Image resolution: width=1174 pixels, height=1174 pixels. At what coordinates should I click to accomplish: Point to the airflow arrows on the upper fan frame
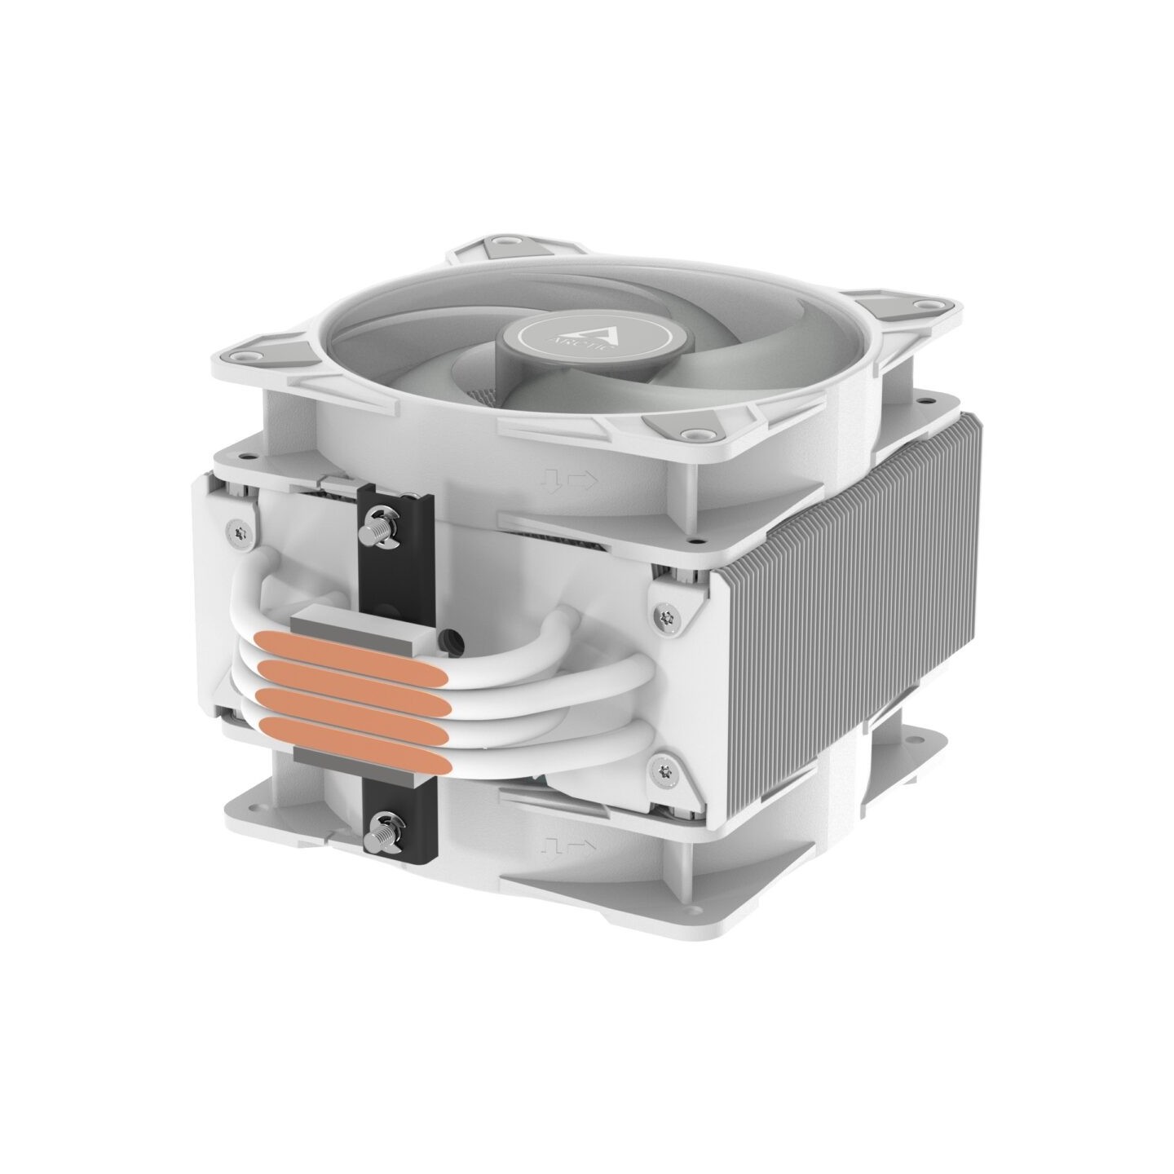pos(576,482)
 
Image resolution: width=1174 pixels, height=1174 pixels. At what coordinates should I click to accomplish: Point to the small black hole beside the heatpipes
pos(445,634)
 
